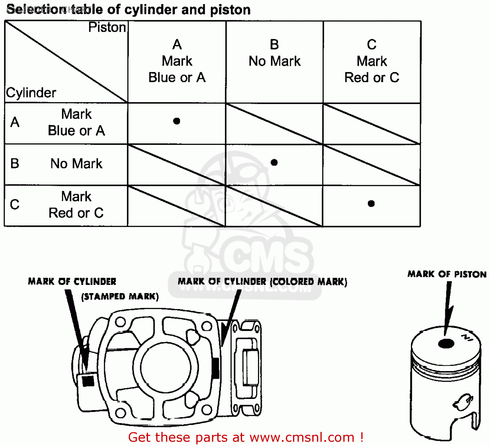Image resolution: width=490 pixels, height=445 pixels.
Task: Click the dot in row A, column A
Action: [177, 121]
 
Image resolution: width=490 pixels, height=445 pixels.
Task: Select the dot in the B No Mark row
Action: [274, 162]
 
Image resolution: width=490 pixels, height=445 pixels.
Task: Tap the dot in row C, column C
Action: [371, 204]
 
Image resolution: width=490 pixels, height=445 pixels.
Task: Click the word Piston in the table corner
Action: [107, 27]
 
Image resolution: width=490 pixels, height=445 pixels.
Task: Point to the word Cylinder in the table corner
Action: [31, 93]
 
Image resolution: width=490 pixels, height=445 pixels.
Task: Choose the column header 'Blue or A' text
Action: [177, 78]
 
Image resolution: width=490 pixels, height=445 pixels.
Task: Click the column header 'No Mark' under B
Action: [274, 61]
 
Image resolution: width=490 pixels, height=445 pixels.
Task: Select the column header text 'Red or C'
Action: [372, 78]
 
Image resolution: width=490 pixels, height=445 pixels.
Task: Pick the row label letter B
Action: [15, 163]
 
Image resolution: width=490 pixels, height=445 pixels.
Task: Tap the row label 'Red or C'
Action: [76, 213]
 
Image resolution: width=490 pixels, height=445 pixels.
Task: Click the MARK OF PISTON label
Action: [447, 274]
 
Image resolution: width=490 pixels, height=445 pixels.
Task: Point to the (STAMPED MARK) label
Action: [120, 296]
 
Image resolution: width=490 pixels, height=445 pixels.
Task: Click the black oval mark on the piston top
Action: [446, 344]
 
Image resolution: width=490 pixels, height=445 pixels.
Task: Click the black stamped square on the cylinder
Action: [88, 381]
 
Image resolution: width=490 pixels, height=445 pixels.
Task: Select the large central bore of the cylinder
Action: [166, 367]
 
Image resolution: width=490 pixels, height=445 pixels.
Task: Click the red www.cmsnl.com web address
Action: [302, 437]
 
